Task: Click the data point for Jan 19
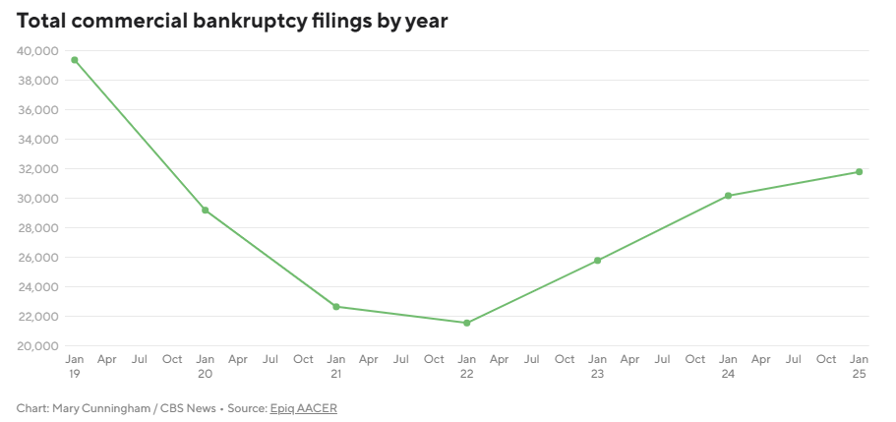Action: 75,60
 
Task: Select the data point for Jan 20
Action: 205,210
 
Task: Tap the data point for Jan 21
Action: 335,307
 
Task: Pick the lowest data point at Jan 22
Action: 467,323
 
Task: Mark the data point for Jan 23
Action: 597,261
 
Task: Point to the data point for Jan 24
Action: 728,196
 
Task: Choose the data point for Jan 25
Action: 859,172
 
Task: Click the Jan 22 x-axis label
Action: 467,366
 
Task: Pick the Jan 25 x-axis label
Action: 859,366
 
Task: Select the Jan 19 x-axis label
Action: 75,366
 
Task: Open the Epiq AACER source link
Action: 303,408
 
